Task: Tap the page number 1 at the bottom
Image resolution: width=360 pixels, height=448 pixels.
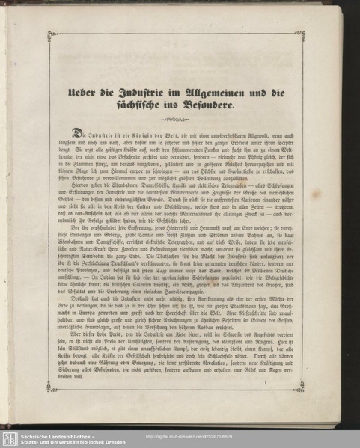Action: [265, 382]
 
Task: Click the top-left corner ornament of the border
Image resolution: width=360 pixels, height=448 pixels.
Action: [52, 34]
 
